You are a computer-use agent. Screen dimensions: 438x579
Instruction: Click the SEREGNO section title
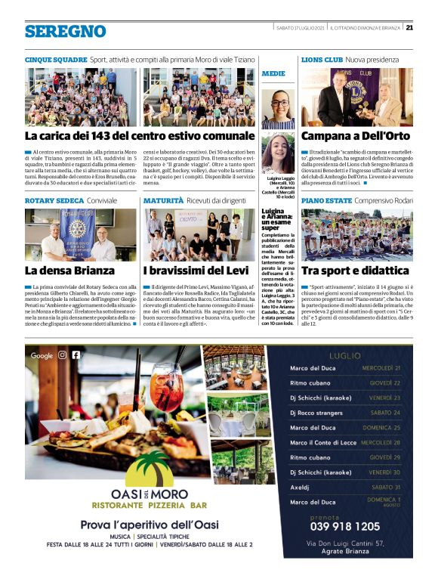tap(65, 31)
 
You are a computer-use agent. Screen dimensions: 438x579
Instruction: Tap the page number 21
tap(409, 28)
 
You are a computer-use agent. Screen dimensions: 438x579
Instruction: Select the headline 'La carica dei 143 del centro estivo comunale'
tap(140, 136)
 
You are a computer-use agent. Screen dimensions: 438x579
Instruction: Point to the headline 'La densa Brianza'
tap(70, 271)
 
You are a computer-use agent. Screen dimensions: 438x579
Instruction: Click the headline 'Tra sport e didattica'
tap(355, 271)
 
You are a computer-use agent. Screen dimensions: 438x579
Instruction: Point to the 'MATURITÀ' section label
tap(163, 200)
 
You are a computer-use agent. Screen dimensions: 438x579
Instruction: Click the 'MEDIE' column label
tap(273, 74)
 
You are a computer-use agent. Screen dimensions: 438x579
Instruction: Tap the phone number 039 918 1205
tap(345, 526)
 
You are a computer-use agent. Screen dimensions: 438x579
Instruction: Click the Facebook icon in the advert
tap(76, 355)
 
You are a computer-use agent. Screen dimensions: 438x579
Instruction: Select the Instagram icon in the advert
tap(63, 355)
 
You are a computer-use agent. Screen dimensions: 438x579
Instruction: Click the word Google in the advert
tap(42, 355)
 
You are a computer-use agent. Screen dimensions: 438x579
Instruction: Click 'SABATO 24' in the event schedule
tap(385, 413)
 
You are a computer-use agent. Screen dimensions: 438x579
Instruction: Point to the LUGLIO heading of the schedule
tap(345, 355)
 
